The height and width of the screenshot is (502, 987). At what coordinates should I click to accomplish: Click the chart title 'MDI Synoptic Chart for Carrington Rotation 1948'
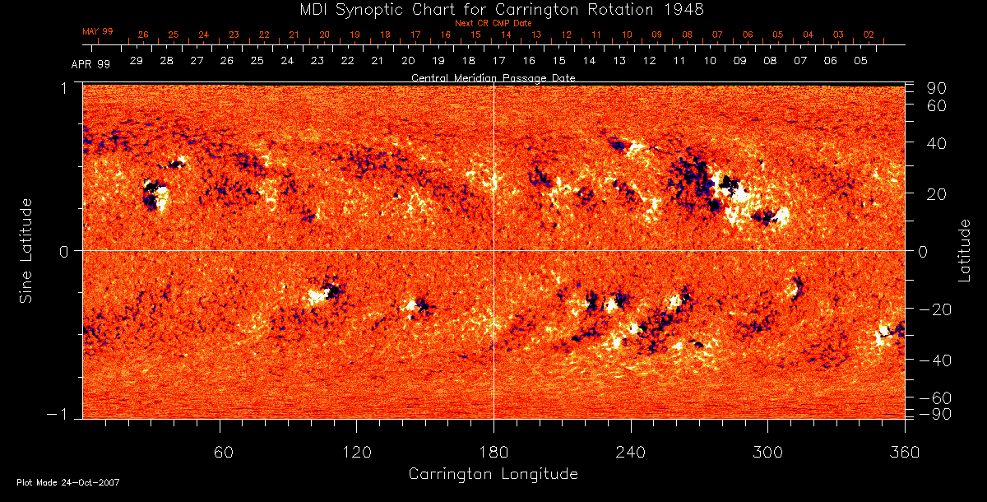point(493,9)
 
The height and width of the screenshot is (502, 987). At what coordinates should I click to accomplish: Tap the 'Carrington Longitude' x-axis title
point(493,474)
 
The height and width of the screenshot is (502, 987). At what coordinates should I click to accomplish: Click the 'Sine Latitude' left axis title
point(26,249)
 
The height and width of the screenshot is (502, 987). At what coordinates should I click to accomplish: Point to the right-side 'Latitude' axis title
point(965,250)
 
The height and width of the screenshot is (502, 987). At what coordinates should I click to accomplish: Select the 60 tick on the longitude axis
point(220,452)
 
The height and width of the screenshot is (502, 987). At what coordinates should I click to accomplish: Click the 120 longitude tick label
point(357,452)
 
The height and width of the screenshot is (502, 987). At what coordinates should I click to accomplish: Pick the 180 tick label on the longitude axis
point(493,452)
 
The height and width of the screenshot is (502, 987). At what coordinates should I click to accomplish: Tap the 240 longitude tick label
point(631,452)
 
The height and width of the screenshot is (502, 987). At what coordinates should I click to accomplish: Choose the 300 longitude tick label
point(767,452)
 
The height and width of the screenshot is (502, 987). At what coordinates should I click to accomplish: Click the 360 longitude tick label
point(904,452)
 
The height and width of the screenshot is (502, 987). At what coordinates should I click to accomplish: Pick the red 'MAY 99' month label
point(98,31)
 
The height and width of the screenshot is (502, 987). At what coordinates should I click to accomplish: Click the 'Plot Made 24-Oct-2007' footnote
point(68,482)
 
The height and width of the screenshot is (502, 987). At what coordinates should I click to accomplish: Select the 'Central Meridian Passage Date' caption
point(493,78)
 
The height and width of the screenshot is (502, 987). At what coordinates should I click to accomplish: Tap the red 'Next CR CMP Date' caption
point(493,23)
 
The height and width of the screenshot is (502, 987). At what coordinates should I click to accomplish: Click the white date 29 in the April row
point(136,61)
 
